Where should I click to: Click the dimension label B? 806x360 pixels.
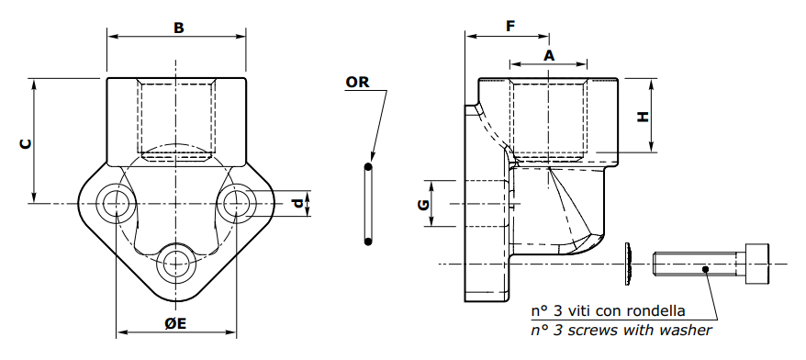[x=178, y=28]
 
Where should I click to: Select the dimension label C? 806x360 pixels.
[x=25, y=143]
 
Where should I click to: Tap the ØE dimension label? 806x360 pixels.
[x=175, y=323]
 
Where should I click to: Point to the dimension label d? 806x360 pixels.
[x=297, y=204]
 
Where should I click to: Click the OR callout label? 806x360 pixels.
[x=357, y=82]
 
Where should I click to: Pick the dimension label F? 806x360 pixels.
[x=510, y=27]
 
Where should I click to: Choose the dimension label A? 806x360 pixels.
[x=550, y=55]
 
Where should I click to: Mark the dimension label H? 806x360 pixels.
[x=643, y=118]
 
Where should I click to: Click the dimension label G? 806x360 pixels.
[x=423, y=205]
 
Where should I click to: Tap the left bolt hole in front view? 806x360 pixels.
[x=117, y=203]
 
